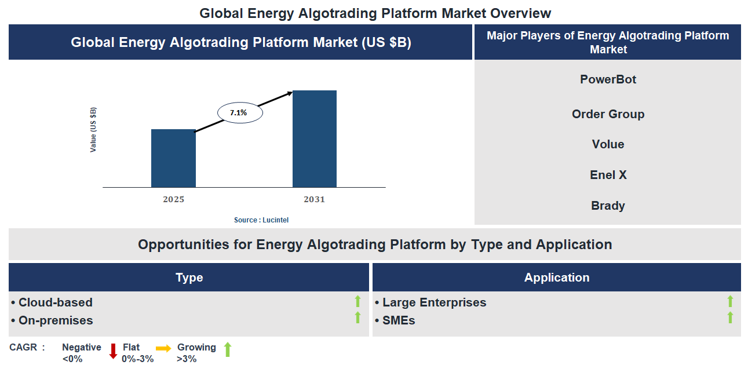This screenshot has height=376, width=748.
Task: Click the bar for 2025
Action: click(173, 158)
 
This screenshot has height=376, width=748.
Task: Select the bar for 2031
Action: click(314, 138)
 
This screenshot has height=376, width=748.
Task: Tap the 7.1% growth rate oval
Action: click(240, 113)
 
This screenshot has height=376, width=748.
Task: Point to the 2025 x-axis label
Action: click(173, 199)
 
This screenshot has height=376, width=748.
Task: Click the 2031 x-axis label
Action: click(314, 199)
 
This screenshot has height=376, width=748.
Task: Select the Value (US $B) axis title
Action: click(93, 130)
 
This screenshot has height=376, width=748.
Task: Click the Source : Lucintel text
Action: click(261, 220)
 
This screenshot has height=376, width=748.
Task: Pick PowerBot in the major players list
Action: click(608, 79)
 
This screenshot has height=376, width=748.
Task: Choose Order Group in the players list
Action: click(608, 114)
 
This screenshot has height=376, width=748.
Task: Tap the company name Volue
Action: click(608, 144)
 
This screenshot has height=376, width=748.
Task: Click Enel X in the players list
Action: click(608, 175)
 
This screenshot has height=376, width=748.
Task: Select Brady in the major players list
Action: click(608, 206)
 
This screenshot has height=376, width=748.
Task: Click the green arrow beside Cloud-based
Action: click(357, 301)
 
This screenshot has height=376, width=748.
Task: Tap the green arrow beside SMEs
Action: click(730, 317)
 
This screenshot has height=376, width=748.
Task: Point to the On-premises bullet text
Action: click(55, 320)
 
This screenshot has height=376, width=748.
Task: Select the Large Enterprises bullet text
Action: click(434, 302)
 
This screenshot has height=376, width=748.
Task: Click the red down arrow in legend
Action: click(113, 351)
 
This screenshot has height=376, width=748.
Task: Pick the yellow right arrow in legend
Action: click(163, 348)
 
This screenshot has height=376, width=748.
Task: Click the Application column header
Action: click(556, 278)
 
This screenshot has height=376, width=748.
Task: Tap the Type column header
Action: click(189, 278)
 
